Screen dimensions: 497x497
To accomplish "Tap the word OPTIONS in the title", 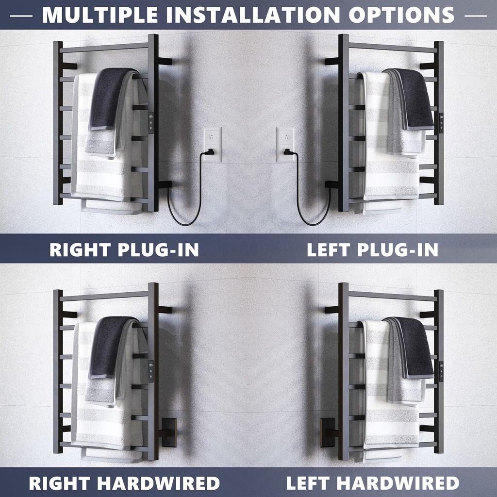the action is pos(401,15).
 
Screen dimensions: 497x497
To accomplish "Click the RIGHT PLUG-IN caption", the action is pos(124,250).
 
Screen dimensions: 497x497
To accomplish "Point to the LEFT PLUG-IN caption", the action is pos(372,250).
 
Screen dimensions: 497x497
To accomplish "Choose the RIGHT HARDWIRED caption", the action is pos(124,483).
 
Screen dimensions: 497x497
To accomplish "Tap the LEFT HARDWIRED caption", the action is pos(372,483).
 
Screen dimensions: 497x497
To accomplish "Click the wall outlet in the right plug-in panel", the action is pos(213,145).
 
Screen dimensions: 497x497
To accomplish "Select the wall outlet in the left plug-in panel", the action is pos(285,145).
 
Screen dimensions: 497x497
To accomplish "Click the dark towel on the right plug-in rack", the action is pos(109,98).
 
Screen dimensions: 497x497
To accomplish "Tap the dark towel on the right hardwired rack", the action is pos(109,347).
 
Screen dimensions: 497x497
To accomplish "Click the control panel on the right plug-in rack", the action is pos(151,123).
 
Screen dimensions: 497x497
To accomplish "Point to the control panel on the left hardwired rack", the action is pos(441,371).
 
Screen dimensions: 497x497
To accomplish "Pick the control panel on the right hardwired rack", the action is pos(151,371).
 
